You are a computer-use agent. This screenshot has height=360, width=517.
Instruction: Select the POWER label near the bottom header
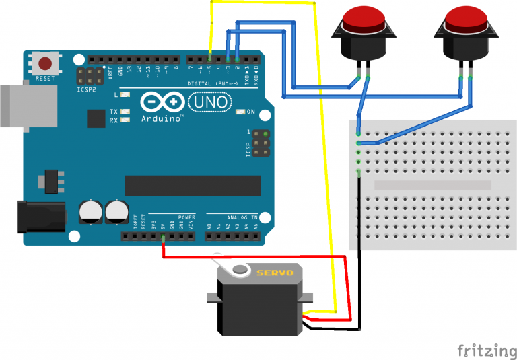click(x=186, y=218)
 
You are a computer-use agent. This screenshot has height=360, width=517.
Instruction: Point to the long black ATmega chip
click(x=192, y=185)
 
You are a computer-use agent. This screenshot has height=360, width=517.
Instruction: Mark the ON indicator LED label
click(x=251, y=112)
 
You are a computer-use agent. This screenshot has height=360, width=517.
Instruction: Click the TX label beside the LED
click(x=114, y=111)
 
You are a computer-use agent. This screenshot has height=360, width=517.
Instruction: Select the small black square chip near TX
click(x=96, y=118)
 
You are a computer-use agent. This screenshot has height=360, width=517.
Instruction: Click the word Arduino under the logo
click(x=162, y=119)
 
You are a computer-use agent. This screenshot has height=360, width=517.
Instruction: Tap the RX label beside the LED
click(x=114, y=120)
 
